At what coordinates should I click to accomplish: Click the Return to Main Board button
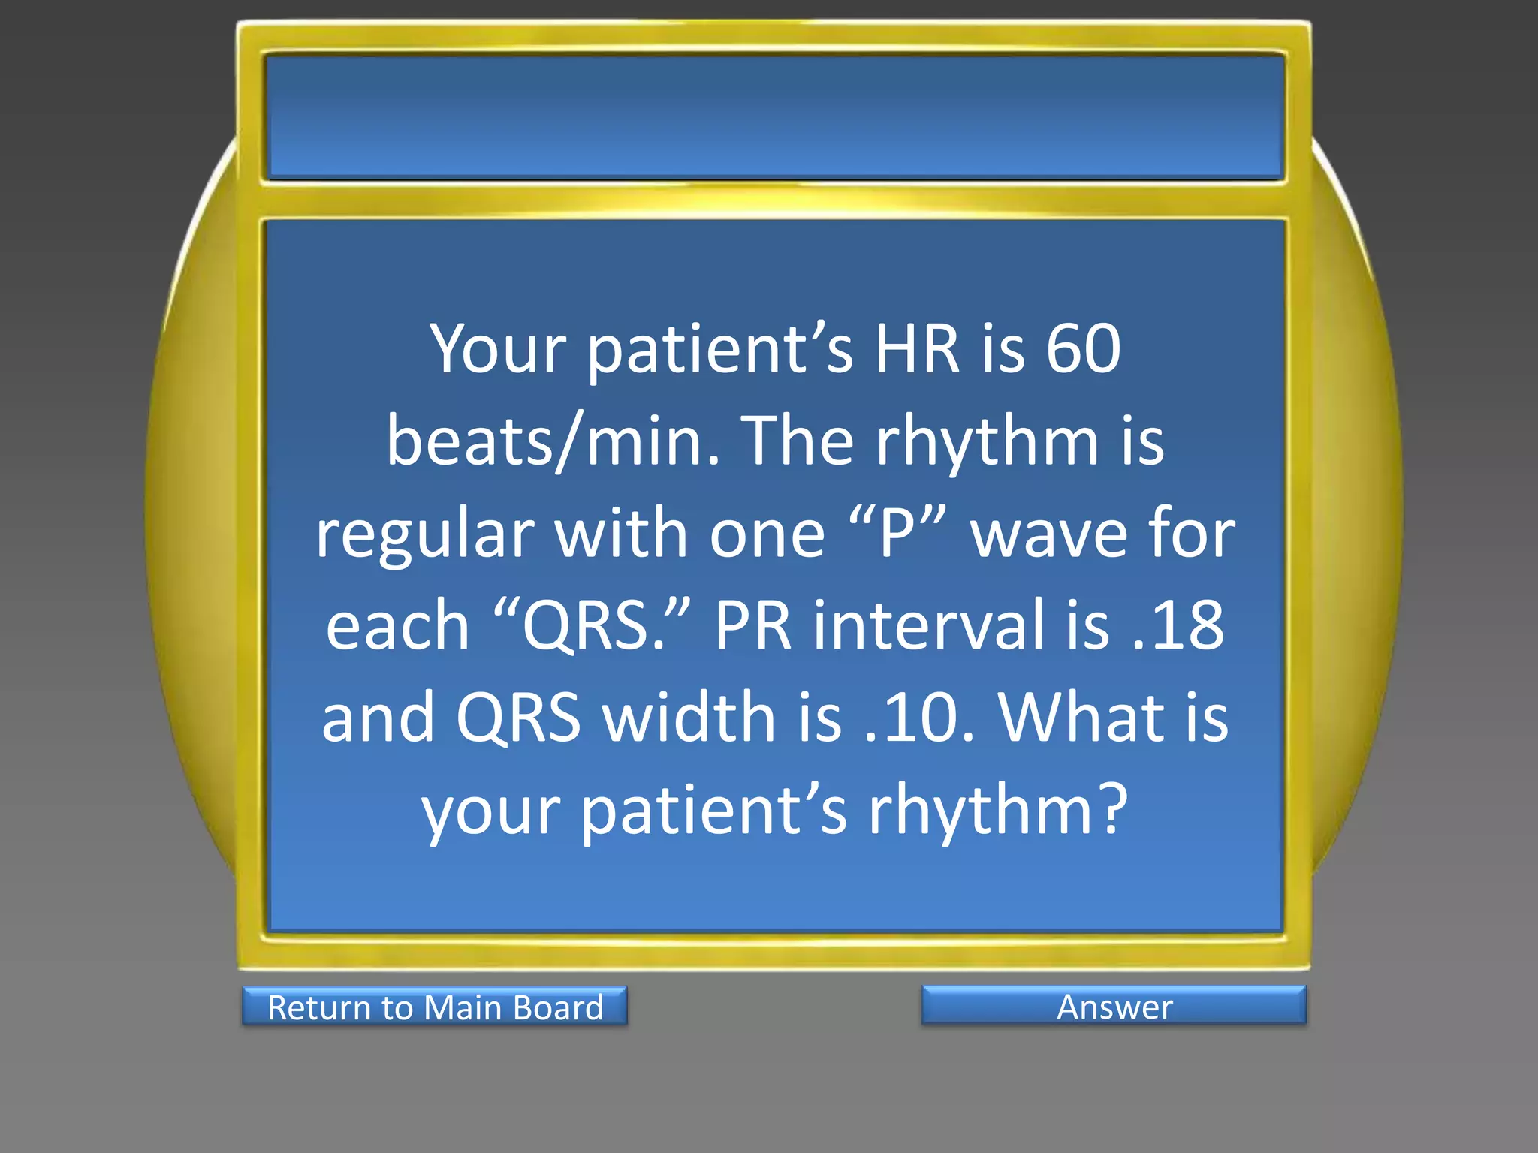[x=435, y=1007]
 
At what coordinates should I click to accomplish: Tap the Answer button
[x=1114, y=1006]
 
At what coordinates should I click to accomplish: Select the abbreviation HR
[x=917, y=348]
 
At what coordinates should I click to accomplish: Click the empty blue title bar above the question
[x=774, y=116]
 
